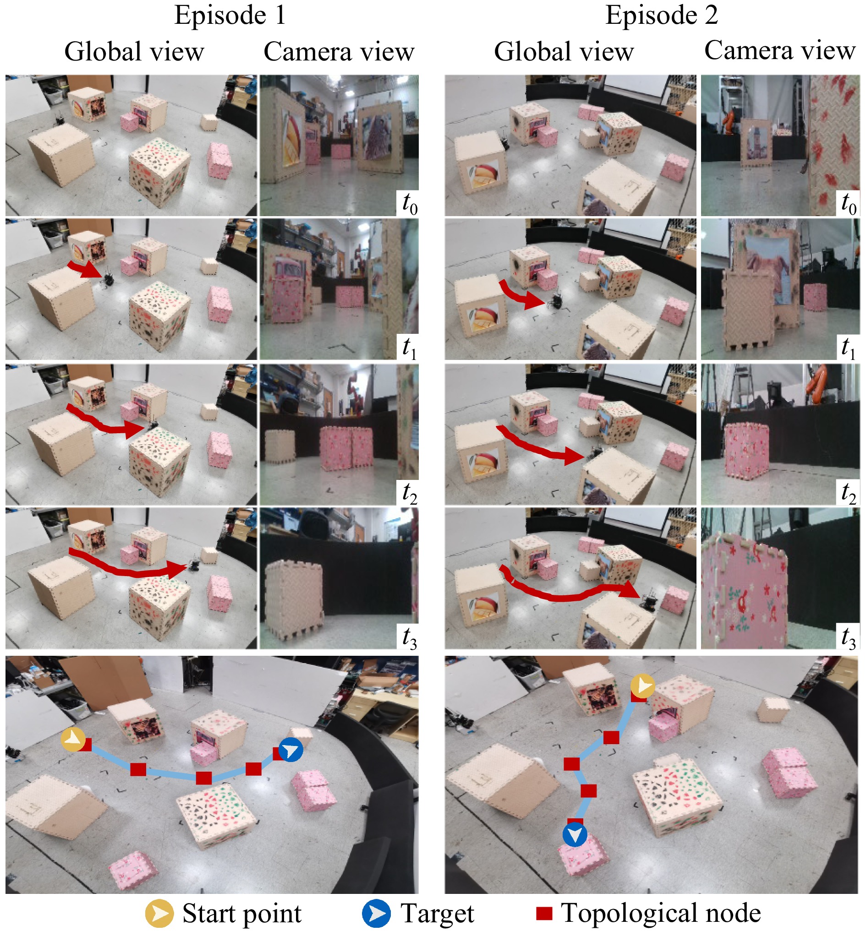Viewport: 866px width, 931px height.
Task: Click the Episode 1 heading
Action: pyautogui.click(x=230, y=15)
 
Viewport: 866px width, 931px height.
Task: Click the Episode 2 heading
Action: pyautogui.click(x=661, y=15)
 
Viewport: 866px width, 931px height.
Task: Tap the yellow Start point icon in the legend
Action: pyautogui.click(x=159, y=913)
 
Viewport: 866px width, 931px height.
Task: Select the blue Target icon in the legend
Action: pyautogui.click(x=376, y=913)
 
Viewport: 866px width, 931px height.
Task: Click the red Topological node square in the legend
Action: pyautogui.click(x=543, y=913)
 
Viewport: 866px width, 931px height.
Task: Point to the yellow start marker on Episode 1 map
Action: pyautogui.click(x=73, y=740)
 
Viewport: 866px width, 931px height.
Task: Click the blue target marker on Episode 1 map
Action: pyautogui.click(x=290, y=750)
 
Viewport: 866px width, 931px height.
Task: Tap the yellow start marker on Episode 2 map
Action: pyautogui.click(x=642, y=686)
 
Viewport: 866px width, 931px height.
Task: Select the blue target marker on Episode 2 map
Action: pyautogui.click(x=575, y=834)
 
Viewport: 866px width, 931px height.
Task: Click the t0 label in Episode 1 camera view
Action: pyautogui.click(x=410, y=203)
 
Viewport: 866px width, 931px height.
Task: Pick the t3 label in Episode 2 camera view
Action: pyautogui.click(x=849, y=637)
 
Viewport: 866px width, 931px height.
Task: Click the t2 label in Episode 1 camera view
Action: pyautogui.click(x=410, y=492)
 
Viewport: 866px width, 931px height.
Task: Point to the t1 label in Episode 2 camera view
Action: pyautogui.click(x=849, y=348)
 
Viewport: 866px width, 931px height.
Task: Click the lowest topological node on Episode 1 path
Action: pyautogui.click(x=204, y=778)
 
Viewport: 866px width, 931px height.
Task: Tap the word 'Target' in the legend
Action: pyautogui.click(x=437, y=913)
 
